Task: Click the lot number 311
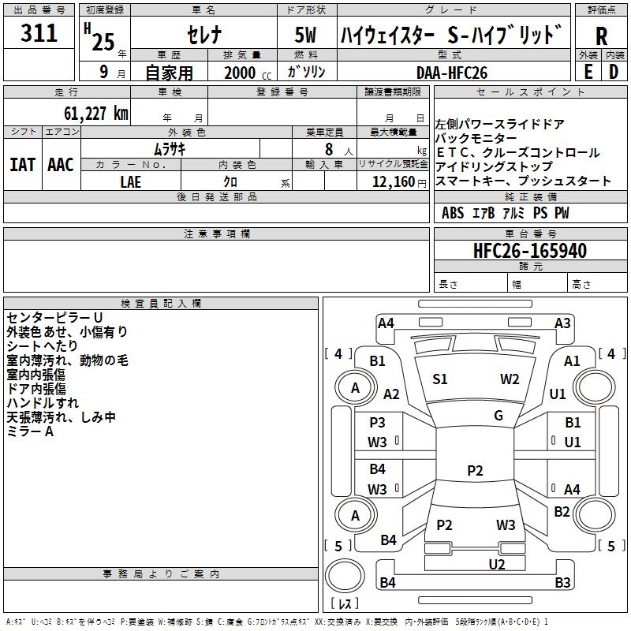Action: coord(39,34)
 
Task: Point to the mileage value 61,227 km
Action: coord(88,113)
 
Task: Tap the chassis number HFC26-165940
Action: coord(529,251)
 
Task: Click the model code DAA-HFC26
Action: coord(452,72)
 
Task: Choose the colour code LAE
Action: coord(131,181)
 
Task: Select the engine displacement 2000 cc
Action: coord(240,73)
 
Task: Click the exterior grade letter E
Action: coord(588,72)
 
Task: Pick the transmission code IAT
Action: coord(23,165)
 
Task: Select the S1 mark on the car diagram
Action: coord(440,379)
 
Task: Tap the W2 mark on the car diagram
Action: coord(510,379)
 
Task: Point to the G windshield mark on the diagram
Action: coord(498,416)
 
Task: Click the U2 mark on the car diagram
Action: coord(496,564)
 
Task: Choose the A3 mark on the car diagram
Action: coord(562,323)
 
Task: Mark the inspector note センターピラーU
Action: coord(54,317)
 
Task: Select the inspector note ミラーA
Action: coord(30,431)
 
